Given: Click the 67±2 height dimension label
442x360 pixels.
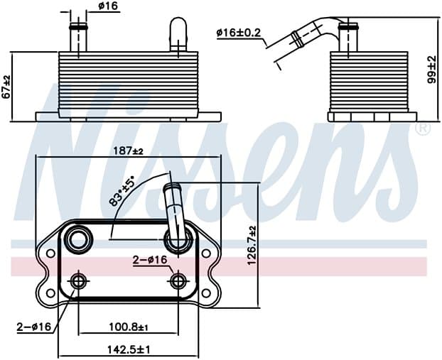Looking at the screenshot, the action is point(6,87).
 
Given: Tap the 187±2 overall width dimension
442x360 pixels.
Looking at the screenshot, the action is point(128,151).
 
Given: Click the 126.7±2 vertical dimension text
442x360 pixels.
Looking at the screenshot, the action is point(252,245).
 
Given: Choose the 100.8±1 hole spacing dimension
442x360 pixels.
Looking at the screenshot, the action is point(128,327).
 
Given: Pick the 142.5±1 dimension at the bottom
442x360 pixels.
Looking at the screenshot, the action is point(128,350).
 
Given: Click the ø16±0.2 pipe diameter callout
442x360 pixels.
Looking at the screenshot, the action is point(239,33).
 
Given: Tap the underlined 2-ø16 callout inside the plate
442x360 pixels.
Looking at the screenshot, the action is point(150,260).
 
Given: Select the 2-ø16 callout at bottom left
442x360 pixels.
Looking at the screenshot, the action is point(34,327).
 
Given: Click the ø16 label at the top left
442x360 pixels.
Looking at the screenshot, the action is point(108,6).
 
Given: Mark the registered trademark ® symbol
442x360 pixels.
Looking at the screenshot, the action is point(423,129).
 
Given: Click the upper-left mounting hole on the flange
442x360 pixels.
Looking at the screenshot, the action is point(50,253).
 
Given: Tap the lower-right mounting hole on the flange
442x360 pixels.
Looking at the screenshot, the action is point(207,293).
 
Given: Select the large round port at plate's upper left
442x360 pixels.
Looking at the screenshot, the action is point(77,240).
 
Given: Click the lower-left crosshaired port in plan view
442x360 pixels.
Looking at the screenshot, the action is point(77,281).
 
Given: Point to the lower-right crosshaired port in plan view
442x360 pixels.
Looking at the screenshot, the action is point(178,281).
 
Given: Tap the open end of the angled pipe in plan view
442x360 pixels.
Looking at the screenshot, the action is point(172,186).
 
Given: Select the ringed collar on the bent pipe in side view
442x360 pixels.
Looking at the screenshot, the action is point(296,39).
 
